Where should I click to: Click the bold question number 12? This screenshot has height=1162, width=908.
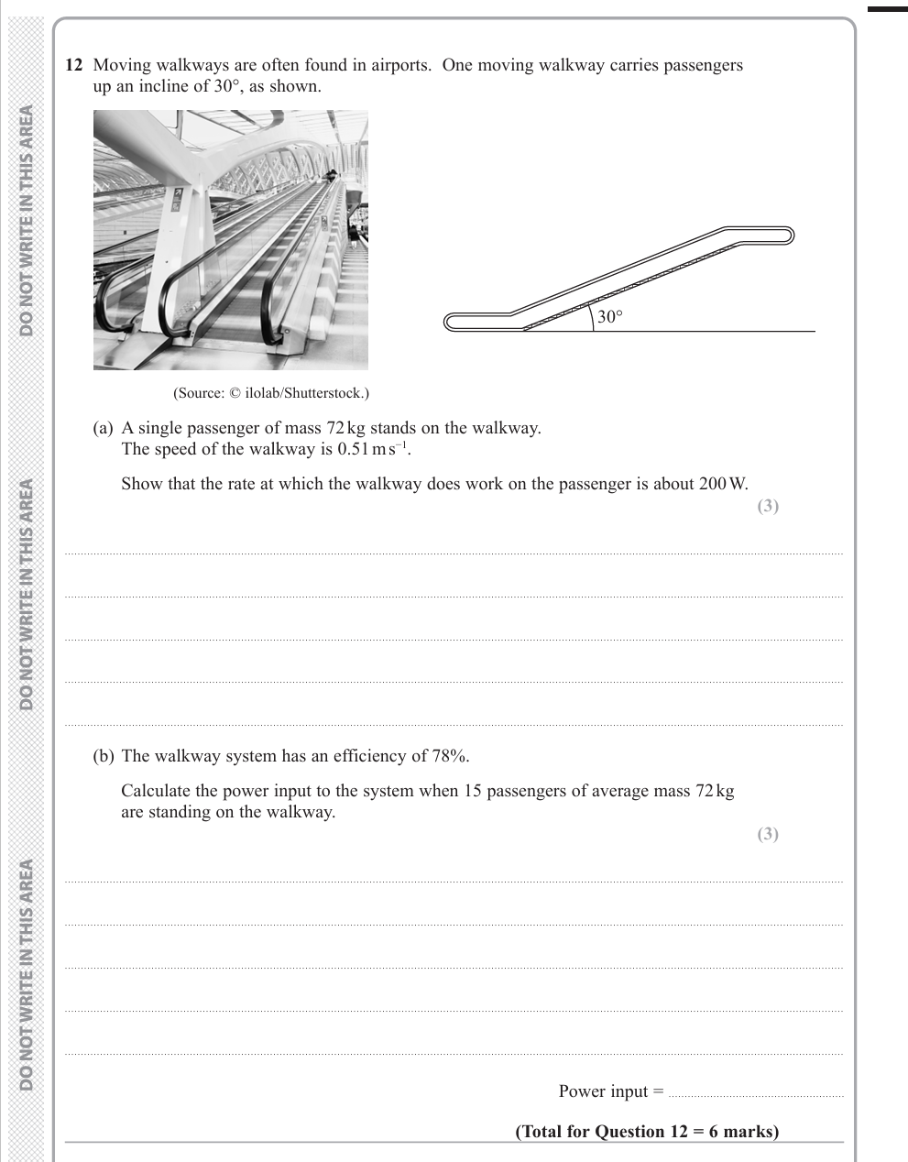73,65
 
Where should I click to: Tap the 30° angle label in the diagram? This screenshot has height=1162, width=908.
610,316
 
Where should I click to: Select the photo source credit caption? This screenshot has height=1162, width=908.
271,393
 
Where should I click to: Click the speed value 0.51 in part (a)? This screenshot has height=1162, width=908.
353,449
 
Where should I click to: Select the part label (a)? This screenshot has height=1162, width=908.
104,428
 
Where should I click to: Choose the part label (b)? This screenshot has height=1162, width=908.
104,756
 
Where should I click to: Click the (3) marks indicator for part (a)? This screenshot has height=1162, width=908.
768,506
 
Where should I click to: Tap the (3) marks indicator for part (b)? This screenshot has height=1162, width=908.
768,834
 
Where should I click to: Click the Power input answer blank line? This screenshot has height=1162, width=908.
756,1096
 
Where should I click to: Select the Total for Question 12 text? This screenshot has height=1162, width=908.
647,1132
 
